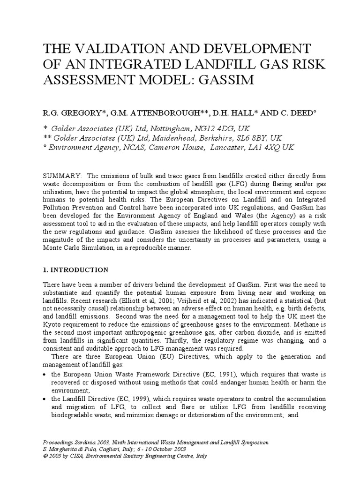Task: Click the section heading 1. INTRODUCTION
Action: (75, 270)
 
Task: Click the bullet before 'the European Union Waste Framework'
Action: (45, 375)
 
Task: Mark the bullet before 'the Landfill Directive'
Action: (45, 399)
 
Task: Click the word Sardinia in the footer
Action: (92, 442)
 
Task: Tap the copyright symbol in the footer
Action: (45, 455)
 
